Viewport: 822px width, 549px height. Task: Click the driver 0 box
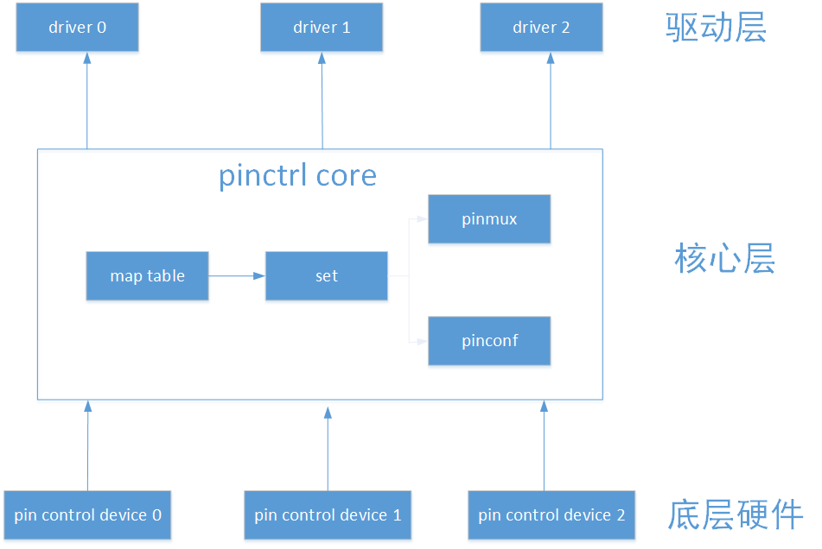point(77,28)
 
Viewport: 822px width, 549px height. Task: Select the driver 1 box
point(322,28)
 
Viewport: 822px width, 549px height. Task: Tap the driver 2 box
point(541,28)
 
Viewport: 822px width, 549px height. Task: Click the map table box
point(147,276)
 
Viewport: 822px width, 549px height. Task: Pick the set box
point(326,276)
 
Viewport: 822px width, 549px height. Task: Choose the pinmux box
point(489,219)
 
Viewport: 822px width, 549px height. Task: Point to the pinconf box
point(489,341)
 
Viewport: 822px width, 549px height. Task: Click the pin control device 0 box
point(87,515)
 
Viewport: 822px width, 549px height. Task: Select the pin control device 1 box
point(328,515)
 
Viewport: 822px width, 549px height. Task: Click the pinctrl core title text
point(297,176)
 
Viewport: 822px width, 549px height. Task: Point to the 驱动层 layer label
point(716,28)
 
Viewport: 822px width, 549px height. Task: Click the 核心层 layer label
point(723,259)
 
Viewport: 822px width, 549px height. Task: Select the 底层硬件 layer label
point(735,514)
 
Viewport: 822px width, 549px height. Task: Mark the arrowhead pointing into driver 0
point(87,59)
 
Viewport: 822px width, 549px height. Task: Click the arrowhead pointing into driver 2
point(551,59)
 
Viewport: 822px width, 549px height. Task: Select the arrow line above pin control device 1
point(328,453)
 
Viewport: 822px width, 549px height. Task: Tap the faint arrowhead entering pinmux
point(422,218)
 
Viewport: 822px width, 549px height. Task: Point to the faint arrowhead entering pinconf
point(422,341)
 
